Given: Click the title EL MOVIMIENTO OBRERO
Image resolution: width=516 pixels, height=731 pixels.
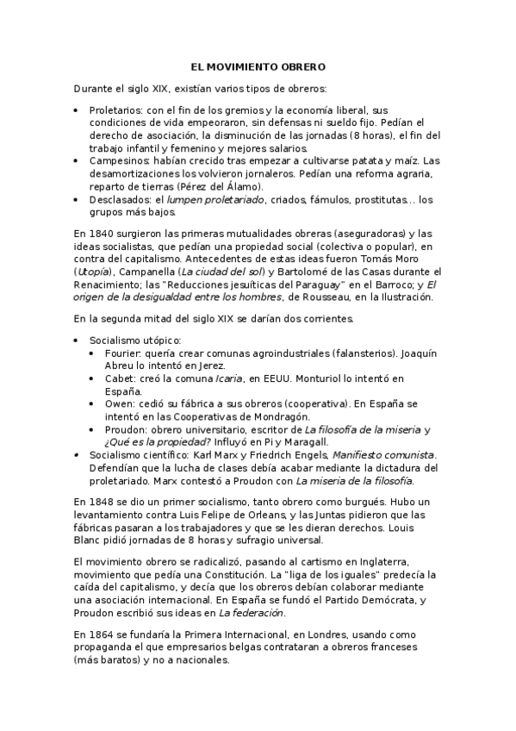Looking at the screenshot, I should pyautogui.click(x=258, y=66).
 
